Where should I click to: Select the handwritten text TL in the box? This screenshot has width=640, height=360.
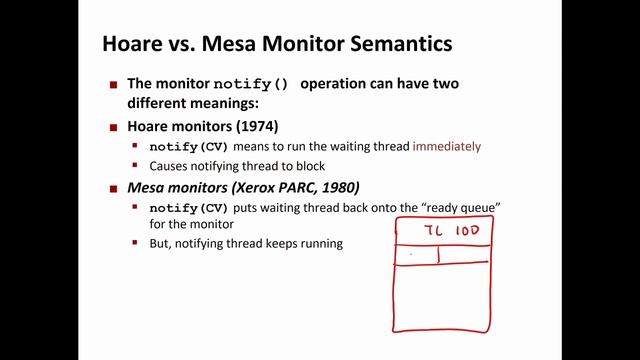click(x=433, y=232)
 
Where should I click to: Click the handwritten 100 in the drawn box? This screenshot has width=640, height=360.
click(x=468, y=232)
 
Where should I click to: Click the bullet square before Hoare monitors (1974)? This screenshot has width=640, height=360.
click(x=114, y=127)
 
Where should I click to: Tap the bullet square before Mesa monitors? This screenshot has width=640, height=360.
click(x=114, y=187)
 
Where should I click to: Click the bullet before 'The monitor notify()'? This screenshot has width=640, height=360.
click(x=114, y=85)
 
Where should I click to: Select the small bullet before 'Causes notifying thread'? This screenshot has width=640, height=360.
click(x=136, y=166)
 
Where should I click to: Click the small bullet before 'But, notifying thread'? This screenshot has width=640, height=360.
click(x=136, y=243)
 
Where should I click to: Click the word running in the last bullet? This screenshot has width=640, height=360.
click(x=319, y=243)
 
